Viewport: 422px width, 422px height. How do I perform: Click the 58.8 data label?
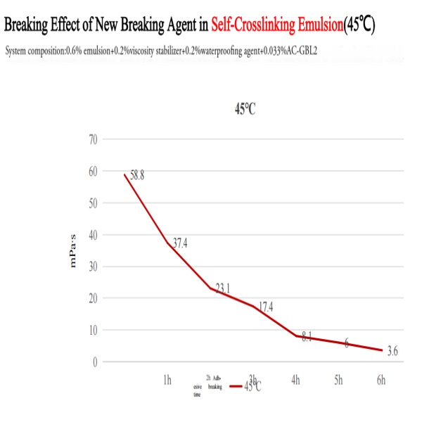coord(136,176)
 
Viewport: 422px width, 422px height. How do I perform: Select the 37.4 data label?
coord(179,243)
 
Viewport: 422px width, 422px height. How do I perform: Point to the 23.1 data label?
coord(223,288)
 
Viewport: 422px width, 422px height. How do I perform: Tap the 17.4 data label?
coord(266,307)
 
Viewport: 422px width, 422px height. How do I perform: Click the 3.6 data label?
coord(392,351)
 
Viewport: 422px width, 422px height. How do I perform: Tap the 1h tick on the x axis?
coord(167,381)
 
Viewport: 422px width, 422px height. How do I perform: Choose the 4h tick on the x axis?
coord(295,381)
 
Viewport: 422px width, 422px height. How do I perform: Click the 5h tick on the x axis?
coord(338,381)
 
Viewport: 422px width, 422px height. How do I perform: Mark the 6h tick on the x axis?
coord(381,381)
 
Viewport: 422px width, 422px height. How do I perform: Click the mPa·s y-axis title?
coord(71,250)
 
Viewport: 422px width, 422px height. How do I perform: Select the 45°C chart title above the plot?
coord(244,110)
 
